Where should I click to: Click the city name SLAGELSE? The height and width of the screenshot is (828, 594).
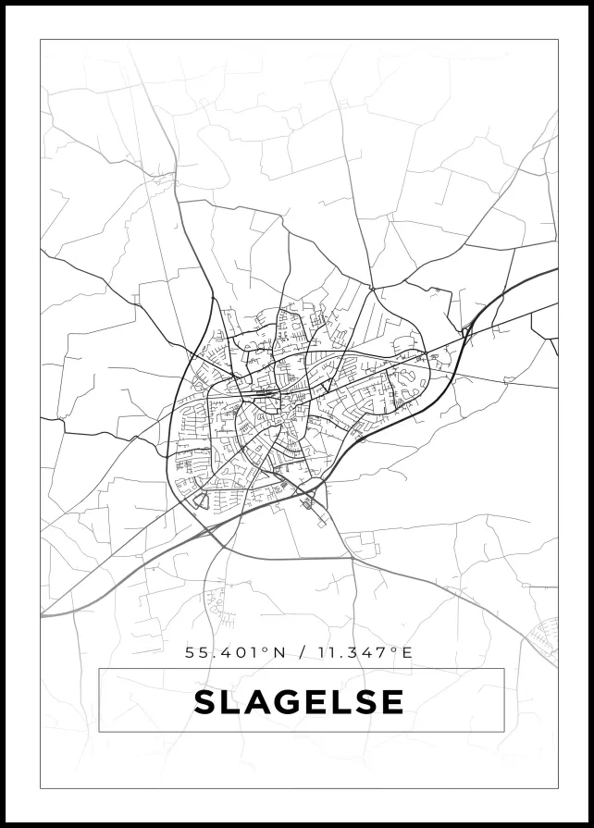click(299, 701)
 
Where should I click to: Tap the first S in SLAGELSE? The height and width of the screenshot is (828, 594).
click(204, 701)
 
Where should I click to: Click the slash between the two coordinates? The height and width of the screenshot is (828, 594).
click(301, 652)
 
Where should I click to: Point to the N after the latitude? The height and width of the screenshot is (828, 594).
click(279, 652)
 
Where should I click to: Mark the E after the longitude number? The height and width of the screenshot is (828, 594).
click(406, 652)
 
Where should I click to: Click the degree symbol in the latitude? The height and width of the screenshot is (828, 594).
click(266, 649)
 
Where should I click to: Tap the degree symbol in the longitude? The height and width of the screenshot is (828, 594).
click(394, 649)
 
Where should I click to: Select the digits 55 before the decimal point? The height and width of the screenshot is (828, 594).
click(195, 652)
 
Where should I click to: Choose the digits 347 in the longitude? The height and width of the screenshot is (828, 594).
click(369, 652)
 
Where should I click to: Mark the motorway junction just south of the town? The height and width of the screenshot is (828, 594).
click(308, 502)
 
